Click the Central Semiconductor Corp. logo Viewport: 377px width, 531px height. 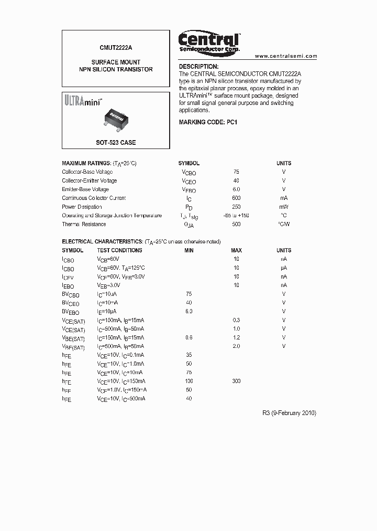click(x=209, y=41)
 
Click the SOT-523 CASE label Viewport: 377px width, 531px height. click(x=116, y=143)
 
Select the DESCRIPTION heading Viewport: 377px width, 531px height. click(x=198, y=67)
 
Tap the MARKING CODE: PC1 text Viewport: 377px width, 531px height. click(x=208, y=122)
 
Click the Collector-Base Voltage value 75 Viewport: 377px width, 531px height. click(x=236, y=172)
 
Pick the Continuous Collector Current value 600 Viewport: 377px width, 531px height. click(x=236, y=198)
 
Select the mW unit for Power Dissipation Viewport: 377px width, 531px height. click(x=284, y=207)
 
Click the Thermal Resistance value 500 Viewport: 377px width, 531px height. click(x=236, y=225)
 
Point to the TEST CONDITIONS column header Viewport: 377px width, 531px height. click(x=119, y=250)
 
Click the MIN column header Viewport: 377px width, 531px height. click(x=188, y=250)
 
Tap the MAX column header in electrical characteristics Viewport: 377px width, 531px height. click(x=236, y=250)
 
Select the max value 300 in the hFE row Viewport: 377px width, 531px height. click(x=236, y=381)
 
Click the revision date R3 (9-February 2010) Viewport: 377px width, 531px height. click(x=289, y=413)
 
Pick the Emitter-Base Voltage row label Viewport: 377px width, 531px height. click(x=85, y=189)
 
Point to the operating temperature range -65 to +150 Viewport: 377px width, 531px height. click(x=237, y=216)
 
